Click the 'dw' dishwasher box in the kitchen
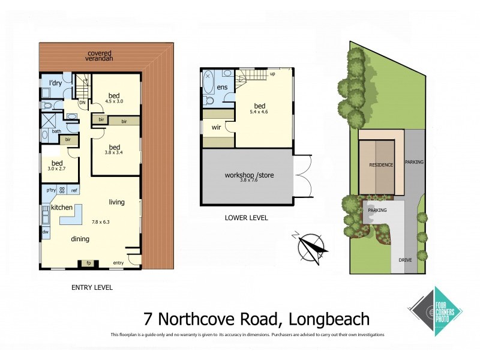pos(46,230)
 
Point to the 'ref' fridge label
pos(74,190)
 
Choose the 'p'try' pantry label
pos(51,190)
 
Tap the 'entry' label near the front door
pos(118,263)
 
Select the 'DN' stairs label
pos(82,102)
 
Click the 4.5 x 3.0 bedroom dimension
pos(114,102)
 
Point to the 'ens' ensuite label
pos(222,88)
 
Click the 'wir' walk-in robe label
pos(217,127)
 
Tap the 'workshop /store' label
pos(246,175)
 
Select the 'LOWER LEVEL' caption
pos(247,218)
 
